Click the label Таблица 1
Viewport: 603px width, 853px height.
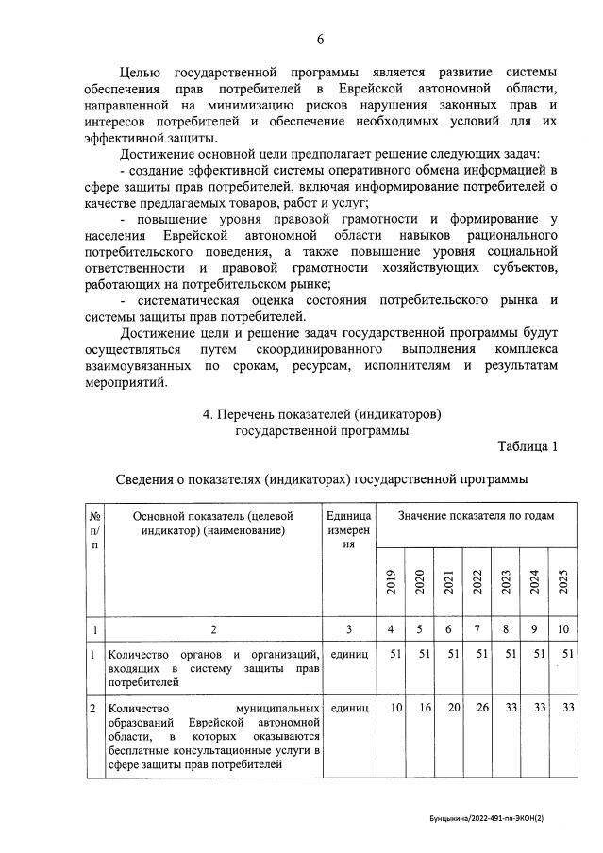[x=527, y=446]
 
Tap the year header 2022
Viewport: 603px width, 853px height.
[x=477, y=583]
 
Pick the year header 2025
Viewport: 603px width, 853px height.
[x=563, y=583]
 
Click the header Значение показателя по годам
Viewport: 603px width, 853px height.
[x=476, y=516]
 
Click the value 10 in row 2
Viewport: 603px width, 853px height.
[x=397, y=707]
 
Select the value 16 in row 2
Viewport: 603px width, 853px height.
[x=426, y=707]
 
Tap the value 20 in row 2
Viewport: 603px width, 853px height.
[x=454, y=707]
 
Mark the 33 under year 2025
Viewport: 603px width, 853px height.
[x=568, y=707]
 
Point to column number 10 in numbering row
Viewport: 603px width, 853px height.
[x=563, y=627]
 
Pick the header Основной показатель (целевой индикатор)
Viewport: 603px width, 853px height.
[x=212, y=524]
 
